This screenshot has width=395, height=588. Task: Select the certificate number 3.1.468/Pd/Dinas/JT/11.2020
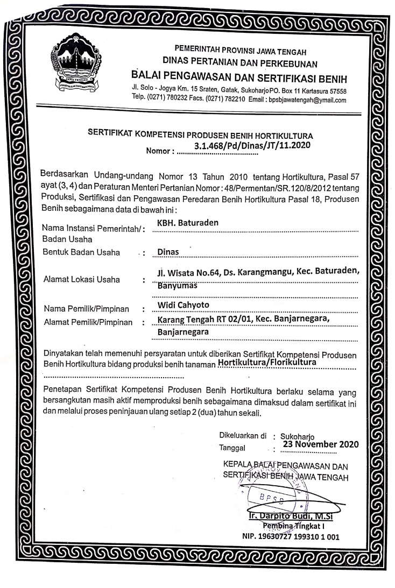tap(253, 144)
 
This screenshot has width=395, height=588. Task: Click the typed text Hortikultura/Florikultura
tap(267, 364)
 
